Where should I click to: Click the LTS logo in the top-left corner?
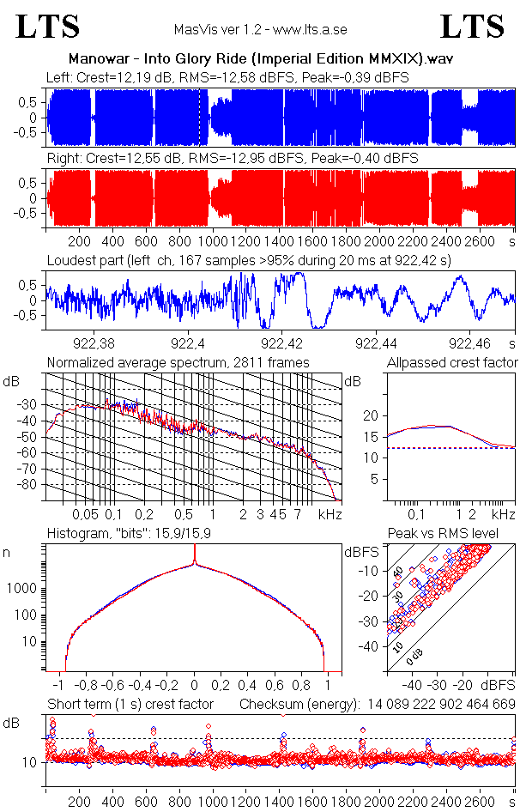[49, 27]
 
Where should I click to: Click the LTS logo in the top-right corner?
[472, 27]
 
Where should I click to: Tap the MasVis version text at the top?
[260, 30]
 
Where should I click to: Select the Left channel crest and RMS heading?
[227, 78]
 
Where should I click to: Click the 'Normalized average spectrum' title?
[178, 362]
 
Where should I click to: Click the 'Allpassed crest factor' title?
[452, 362]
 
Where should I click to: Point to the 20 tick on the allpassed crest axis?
[370, 415]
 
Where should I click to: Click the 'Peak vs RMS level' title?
[443, 534]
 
